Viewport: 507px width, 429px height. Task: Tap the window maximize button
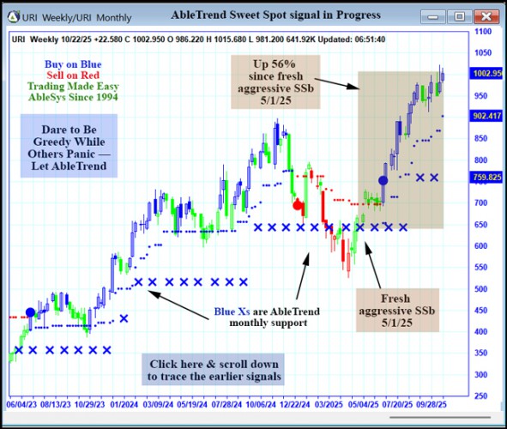[460, 15]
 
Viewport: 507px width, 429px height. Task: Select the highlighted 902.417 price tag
[486, 115]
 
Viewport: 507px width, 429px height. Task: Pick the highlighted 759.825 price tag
[486, 178]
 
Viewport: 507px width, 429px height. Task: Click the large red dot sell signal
[298, 205]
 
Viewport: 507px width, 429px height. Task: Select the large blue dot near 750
[383, 180]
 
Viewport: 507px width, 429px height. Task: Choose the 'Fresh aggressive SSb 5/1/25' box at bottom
[396, 309]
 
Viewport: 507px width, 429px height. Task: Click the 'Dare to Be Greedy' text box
[69, 147]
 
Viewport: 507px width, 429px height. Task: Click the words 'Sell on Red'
[72, 75]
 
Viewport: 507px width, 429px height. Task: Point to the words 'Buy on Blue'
[73, 63]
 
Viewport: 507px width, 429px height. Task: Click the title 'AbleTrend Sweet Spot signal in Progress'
[263, 15]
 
